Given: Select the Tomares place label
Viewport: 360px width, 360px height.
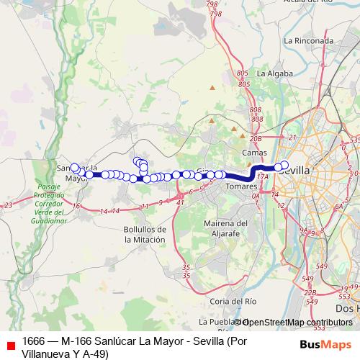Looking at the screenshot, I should pos(235,186).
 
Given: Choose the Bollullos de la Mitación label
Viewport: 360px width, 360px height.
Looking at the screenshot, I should pos(140,233).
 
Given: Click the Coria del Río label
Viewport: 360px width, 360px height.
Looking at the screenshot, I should pos(229,300).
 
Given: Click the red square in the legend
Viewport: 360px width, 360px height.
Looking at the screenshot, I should pos(10,343).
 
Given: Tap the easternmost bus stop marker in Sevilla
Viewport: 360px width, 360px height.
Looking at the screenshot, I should pos(284,165).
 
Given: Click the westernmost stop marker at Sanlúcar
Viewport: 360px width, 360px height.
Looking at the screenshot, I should pos(75,168).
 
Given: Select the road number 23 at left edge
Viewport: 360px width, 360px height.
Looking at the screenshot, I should pos(8,206).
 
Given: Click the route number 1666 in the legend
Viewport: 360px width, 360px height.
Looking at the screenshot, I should pos(34,340).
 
